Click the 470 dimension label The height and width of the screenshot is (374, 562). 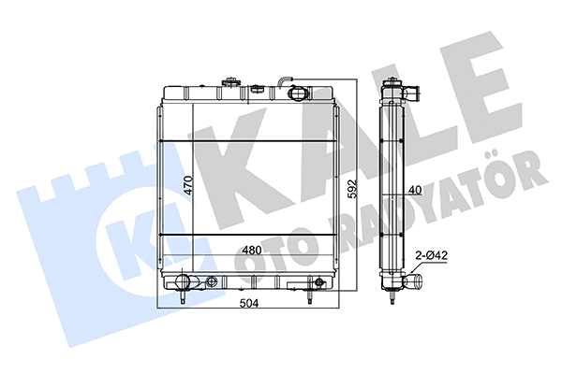click(x=189, y=185)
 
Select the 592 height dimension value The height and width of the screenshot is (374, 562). click(x=353, y=188)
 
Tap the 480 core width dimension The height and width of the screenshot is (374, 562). click(x=251, y=251)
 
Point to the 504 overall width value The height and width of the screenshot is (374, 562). click(x=248, y=303)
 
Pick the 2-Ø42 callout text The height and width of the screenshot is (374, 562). click(x=431, y=255)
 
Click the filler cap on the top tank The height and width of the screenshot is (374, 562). click(x=229, y=82)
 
